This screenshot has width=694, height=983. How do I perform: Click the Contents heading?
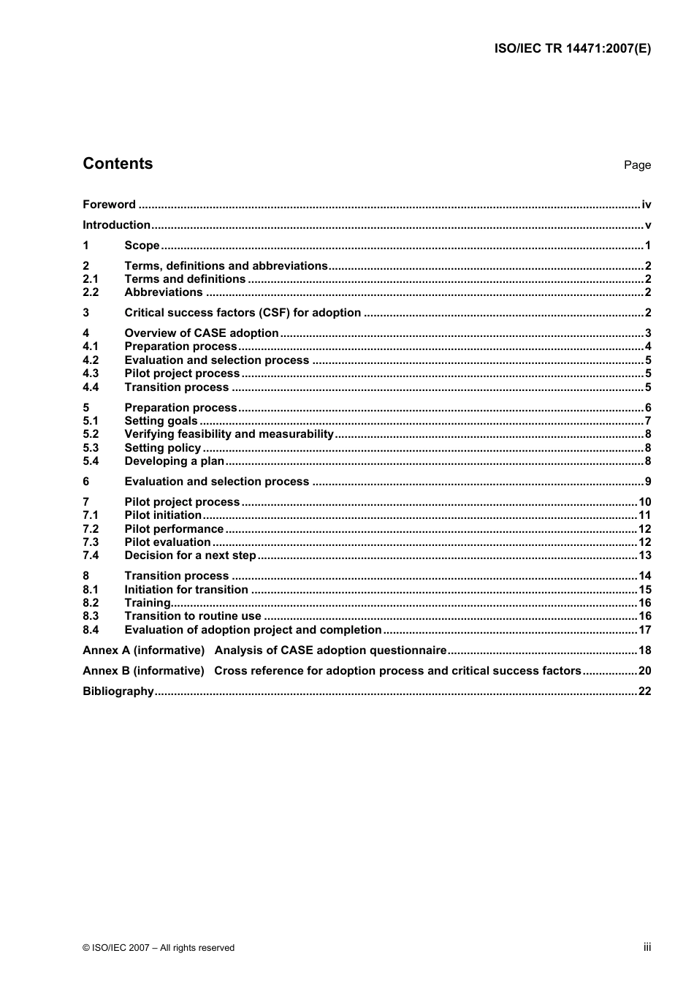pos(118,164)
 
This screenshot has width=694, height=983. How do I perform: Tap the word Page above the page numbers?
pos(637,165)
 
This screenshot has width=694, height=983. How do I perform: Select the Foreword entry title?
pos(109,205)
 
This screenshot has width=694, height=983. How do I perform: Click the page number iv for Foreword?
pos(646,205)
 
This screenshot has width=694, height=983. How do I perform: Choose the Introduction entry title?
pos(116,225)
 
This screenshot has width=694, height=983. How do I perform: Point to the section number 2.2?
pos(91,292)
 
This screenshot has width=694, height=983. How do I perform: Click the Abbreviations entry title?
pos(164,292)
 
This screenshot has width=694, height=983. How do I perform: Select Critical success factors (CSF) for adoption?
pos(243,313)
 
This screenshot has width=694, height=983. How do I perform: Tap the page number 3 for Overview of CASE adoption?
pos(648,333)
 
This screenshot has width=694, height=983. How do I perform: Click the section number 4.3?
pos(91,373)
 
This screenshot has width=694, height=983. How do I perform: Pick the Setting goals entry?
pos(161,421)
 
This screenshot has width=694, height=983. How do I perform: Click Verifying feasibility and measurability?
pos(229,434)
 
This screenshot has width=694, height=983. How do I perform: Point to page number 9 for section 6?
pos(648,482)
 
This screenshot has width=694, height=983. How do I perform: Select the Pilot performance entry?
pos(174,529)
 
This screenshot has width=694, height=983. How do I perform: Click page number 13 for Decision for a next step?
pos(644,555)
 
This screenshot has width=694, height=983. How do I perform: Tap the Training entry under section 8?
pos(148,603)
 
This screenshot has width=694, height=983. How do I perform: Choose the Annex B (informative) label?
pos(143,671)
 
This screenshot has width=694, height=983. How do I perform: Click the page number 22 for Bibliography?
pos(644,691)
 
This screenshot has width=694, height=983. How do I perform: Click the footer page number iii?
pos(647,947)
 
